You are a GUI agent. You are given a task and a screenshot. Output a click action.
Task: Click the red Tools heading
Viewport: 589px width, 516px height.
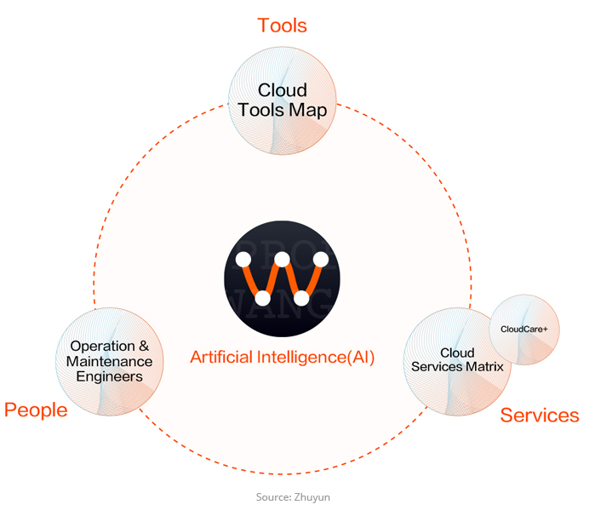pyautogui.click(x=282, y=26)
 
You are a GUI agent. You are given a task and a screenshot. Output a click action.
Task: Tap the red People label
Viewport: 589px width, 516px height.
pyautogui.click(x=36, y=410)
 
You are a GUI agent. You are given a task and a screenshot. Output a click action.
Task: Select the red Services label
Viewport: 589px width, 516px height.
pyautogui.click(x=540, y=416)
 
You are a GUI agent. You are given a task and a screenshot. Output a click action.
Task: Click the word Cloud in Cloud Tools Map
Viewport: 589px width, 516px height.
pyautogui.click(x=283, y=90)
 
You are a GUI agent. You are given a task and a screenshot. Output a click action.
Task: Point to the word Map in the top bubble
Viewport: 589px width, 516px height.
pyautogui.click(x=308, y=111)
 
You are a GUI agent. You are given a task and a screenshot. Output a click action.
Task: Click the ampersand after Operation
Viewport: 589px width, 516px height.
pyautogui.click(x=144, y=346)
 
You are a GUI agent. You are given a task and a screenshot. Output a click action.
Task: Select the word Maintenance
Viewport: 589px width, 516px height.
pyautogui.click(x=109, y=362)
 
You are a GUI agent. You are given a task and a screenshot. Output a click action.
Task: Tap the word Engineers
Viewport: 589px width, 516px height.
pyautogui.click(x=109, y=376)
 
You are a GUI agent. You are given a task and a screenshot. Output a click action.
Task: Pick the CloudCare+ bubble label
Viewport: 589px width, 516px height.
pyautogui.click(x=524, y=330)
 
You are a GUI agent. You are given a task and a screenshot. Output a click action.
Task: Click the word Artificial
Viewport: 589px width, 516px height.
pyautogui.click(x=221, y=357)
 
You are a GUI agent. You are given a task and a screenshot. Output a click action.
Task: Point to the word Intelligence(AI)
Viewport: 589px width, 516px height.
pyautogui.click(x=316, y=358)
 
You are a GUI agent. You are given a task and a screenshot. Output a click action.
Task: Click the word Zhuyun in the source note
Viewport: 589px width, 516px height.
pyautogui.click(x=312, y=497)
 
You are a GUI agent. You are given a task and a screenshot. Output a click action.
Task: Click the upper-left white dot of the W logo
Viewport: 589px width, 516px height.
pyautogui.click(x=243, y=260)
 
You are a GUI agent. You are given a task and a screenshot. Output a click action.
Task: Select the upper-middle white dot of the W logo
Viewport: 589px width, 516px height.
pyautogui.click(x=282, y=260)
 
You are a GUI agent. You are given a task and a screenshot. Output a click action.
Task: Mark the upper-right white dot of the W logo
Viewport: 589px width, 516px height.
pyautogui.click(x=321, y=260)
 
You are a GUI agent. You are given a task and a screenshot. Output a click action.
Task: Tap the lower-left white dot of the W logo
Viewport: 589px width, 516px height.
pyautogui.click(x=262, y=298)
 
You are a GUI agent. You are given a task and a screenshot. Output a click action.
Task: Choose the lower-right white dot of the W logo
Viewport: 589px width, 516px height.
pyautogui.click(x=301, y=298)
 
